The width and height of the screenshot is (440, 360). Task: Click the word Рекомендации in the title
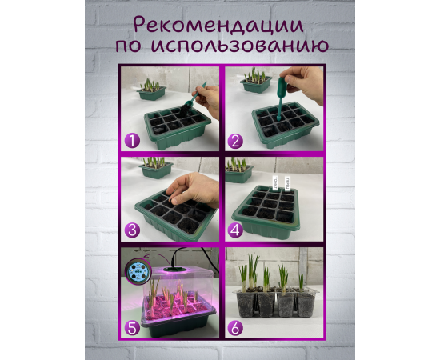pyautogui.click(x=220, y=22)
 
